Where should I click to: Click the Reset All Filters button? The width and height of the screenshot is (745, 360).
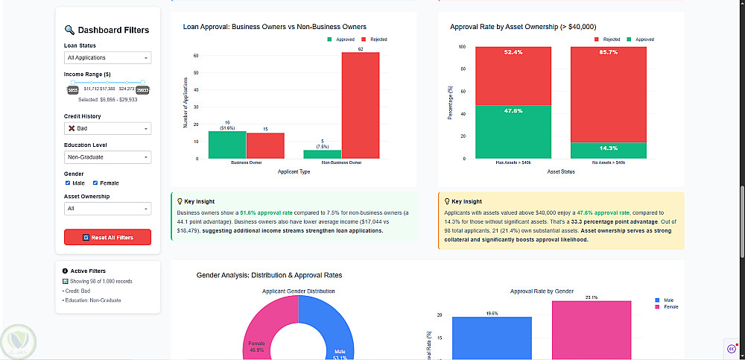tap(107, 237)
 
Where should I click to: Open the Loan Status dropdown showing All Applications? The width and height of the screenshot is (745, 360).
tap(107, 57)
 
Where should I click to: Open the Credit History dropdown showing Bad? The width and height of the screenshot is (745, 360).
tap(107, 128)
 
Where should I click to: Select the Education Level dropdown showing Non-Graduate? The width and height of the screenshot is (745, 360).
tap(107, 157)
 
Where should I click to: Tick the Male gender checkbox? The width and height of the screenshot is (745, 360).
tap(68, 183)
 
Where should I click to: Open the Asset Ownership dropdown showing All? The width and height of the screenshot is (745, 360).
tap(107, 209)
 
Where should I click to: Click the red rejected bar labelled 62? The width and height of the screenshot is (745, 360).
tap(361, 105)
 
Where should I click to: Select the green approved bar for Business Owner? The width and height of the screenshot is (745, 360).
tap(227, 145)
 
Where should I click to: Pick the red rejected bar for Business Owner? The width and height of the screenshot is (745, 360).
tap(265, 145)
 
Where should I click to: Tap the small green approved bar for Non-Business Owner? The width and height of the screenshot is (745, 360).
tap(323, 154)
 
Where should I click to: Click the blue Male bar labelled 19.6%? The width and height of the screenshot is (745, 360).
tap(491, 338)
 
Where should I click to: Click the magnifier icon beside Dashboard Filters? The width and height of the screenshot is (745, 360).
tap(69, 30)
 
